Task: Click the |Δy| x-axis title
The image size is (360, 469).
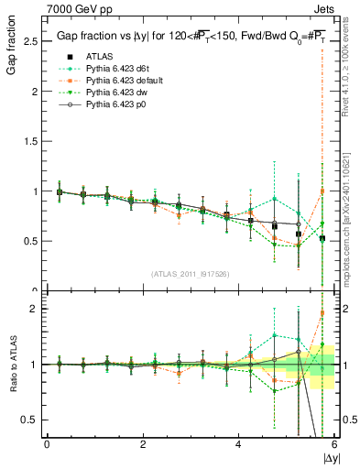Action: click(327, 457)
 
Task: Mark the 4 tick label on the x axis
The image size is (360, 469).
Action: click(239, 444)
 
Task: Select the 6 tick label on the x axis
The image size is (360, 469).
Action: click(334, 444)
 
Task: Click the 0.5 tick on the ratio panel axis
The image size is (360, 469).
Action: click(30, 420)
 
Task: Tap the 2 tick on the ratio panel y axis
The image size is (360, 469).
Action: click(35, 309)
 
